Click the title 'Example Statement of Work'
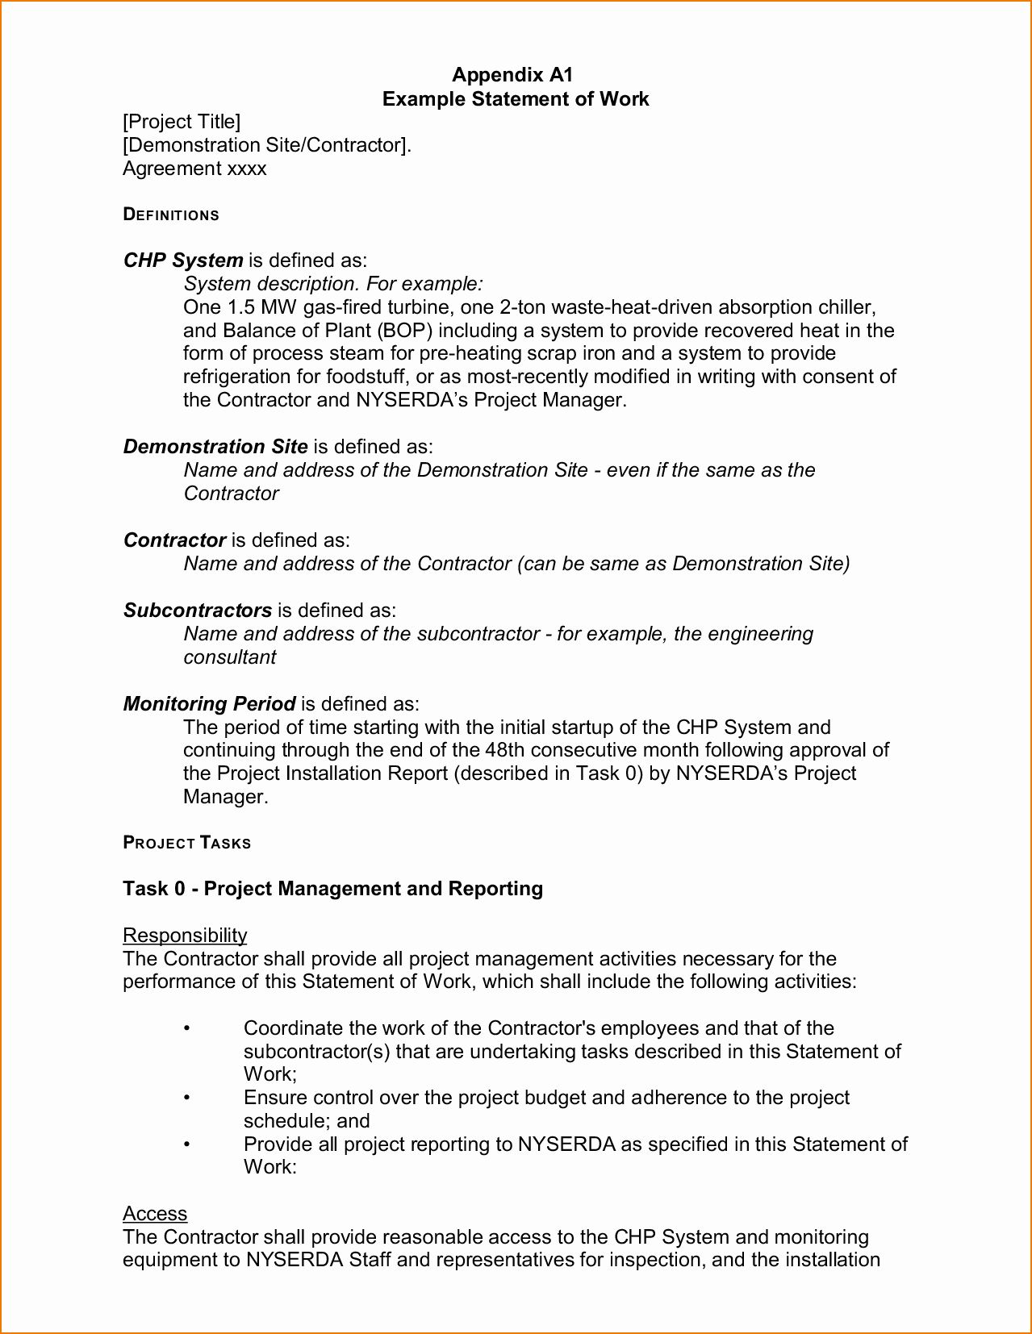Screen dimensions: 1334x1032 point(515,98)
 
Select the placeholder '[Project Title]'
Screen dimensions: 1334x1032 point(182,122)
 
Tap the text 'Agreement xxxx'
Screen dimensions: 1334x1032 point(194,169)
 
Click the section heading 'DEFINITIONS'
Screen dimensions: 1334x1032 point(171,215)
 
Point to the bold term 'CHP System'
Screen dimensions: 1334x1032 point(183,261)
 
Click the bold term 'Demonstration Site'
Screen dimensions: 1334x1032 point(215,447)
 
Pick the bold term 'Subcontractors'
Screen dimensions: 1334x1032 point(198,611)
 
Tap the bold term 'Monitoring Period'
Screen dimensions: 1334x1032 point(209,704)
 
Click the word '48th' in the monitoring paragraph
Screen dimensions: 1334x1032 point(504,750)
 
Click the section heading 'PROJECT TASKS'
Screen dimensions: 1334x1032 point(187,844)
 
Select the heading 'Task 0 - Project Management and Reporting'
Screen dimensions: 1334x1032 point(332,889)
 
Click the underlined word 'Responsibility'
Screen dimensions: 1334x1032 point(185,936)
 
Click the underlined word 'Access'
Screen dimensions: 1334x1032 point(155,1214)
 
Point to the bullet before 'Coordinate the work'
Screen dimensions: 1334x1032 point(186,1028)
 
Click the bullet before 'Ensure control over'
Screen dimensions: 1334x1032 point(186,1098)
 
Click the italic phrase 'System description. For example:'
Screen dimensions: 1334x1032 point(333,284)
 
